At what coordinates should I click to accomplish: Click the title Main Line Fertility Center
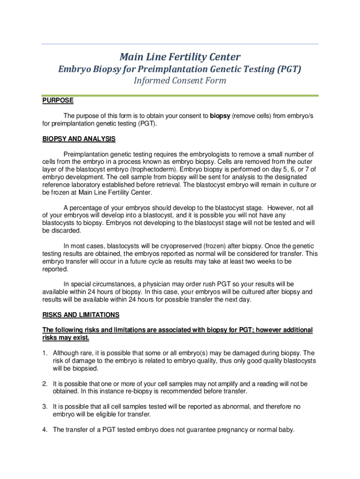click(180, 57)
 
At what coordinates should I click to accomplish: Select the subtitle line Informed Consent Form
click(180, 80)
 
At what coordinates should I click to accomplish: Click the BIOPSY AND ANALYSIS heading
click(79, 139)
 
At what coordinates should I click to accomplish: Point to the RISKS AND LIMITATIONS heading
click(81, 315)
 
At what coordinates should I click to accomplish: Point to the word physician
click(156, 284)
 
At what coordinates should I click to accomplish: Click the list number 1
click(45, 353)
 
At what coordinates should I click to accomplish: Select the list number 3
click(45, 407)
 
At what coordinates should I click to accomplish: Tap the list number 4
click(45, 430)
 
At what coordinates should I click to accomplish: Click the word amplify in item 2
click(220, 384)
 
